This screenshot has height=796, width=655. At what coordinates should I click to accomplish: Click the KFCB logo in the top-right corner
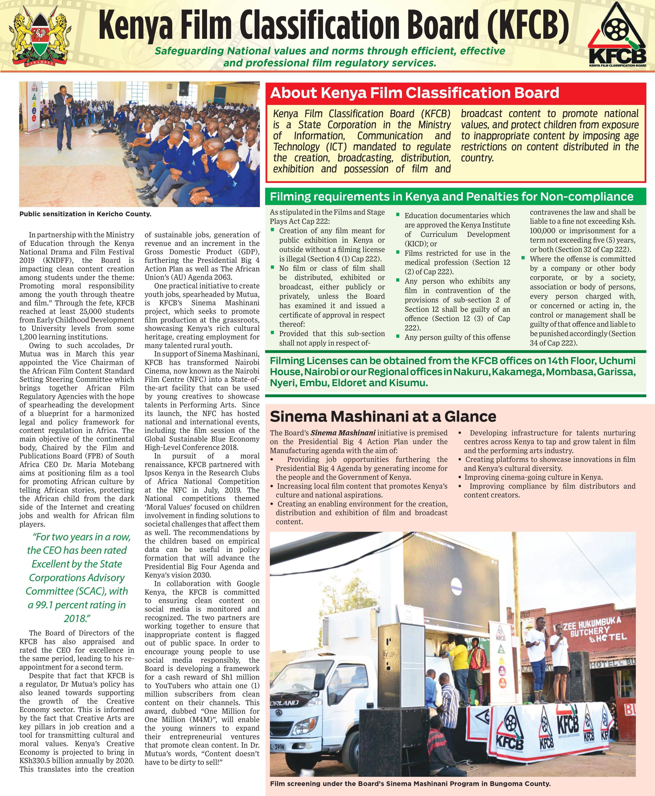(x=616, y=38)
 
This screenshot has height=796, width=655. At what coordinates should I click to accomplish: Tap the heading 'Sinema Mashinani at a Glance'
(x=383, y=417)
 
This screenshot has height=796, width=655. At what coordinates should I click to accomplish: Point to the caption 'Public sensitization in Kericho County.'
(x=85, y=214)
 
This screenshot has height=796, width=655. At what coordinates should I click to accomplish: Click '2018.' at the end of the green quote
(x=77, y=618)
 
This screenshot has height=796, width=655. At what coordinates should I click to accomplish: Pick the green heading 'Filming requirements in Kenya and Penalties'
(x=451, y=196)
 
